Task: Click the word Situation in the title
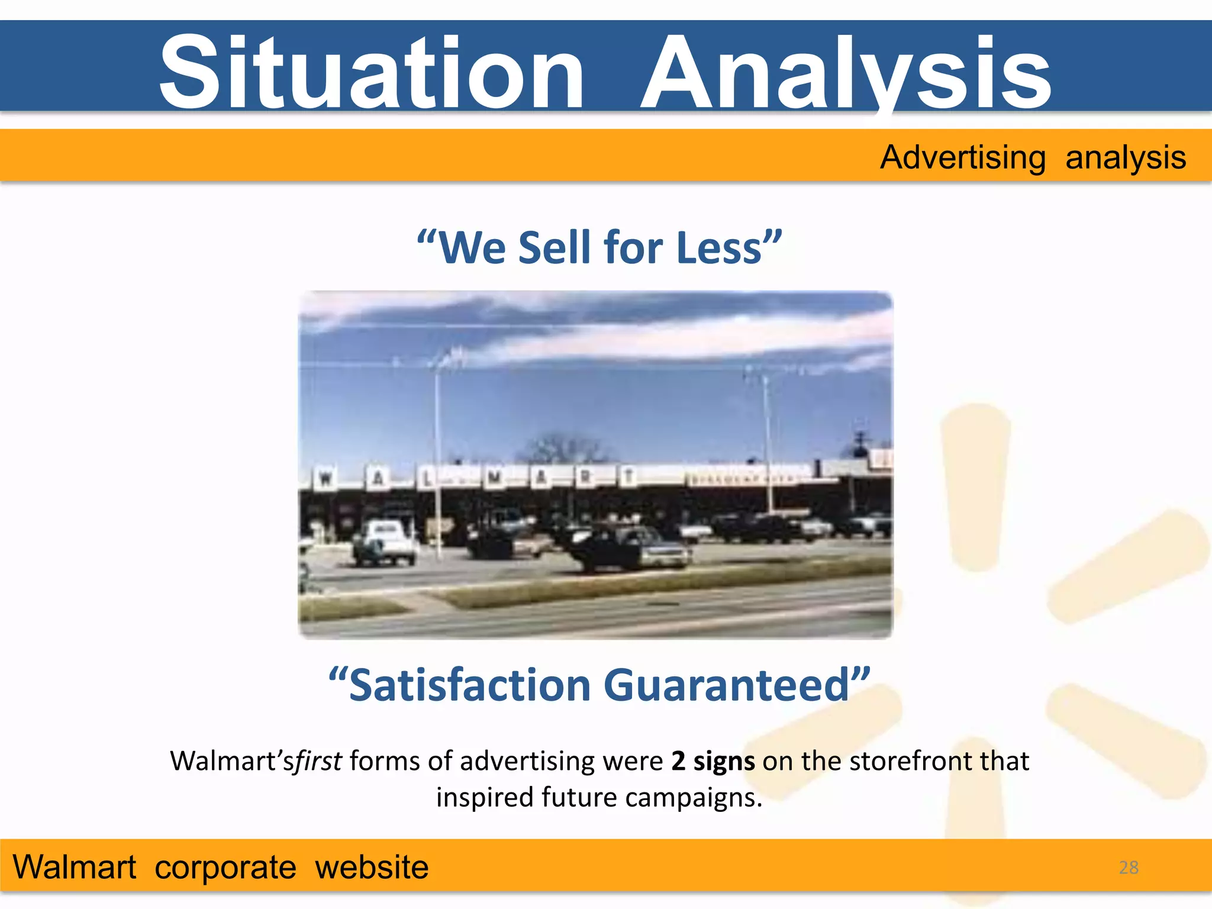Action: pos(372,72)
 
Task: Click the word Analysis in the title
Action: pos(846,72)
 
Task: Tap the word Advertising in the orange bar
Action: pos(963,157)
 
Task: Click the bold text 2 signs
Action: pos(713,761)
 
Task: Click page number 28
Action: pos(1129,868)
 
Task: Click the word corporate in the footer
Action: pos(225,868)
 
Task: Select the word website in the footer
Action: pos(372,868)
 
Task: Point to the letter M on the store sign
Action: pos(494,477)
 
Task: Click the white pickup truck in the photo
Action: pos(385,541)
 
